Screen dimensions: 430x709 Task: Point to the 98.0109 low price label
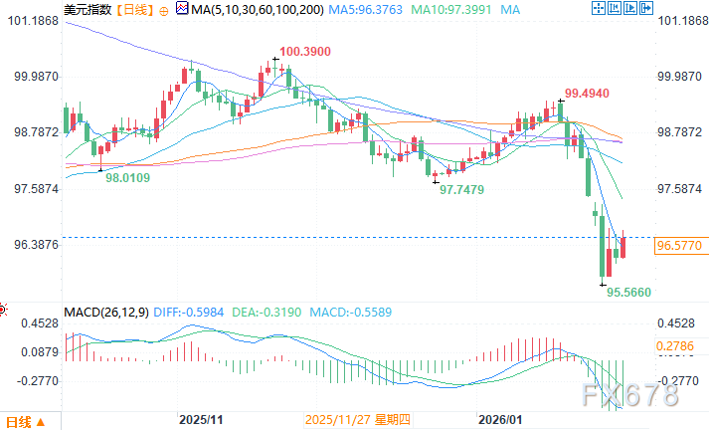point(128,176)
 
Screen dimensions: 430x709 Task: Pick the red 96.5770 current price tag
point(681,243)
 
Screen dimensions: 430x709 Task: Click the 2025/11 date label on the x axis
point(199,420)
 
